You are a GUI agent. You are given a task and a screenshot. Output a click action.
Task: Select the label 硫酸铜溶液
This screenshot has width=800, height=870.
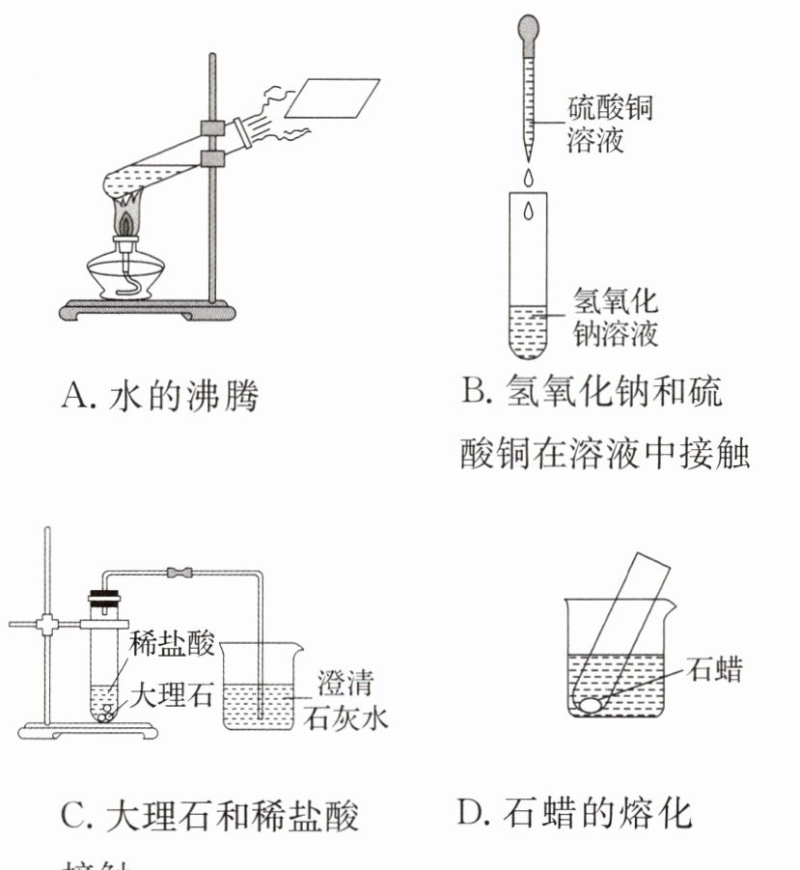(x=607, y=123)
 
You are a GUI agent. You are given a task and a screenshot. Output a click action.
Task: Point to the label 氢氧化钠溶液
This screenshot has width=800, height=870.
(x=615, y=317)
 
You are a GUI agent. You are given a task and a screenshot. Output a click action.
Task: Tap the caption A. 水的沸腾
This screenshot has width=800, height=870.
(x=159, y=396)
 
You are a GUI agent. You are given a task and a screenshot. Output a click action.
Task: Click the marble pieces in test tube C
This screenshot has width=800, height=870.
(x=103, y=716)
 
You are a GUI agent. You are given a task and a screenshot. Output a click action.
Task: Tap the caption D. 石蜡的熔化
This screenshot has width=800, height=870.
(x=574, y=813)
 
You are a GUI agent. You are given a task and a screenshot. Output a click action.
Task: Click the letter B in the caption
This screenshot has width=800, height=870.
(x=474, y=392)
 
